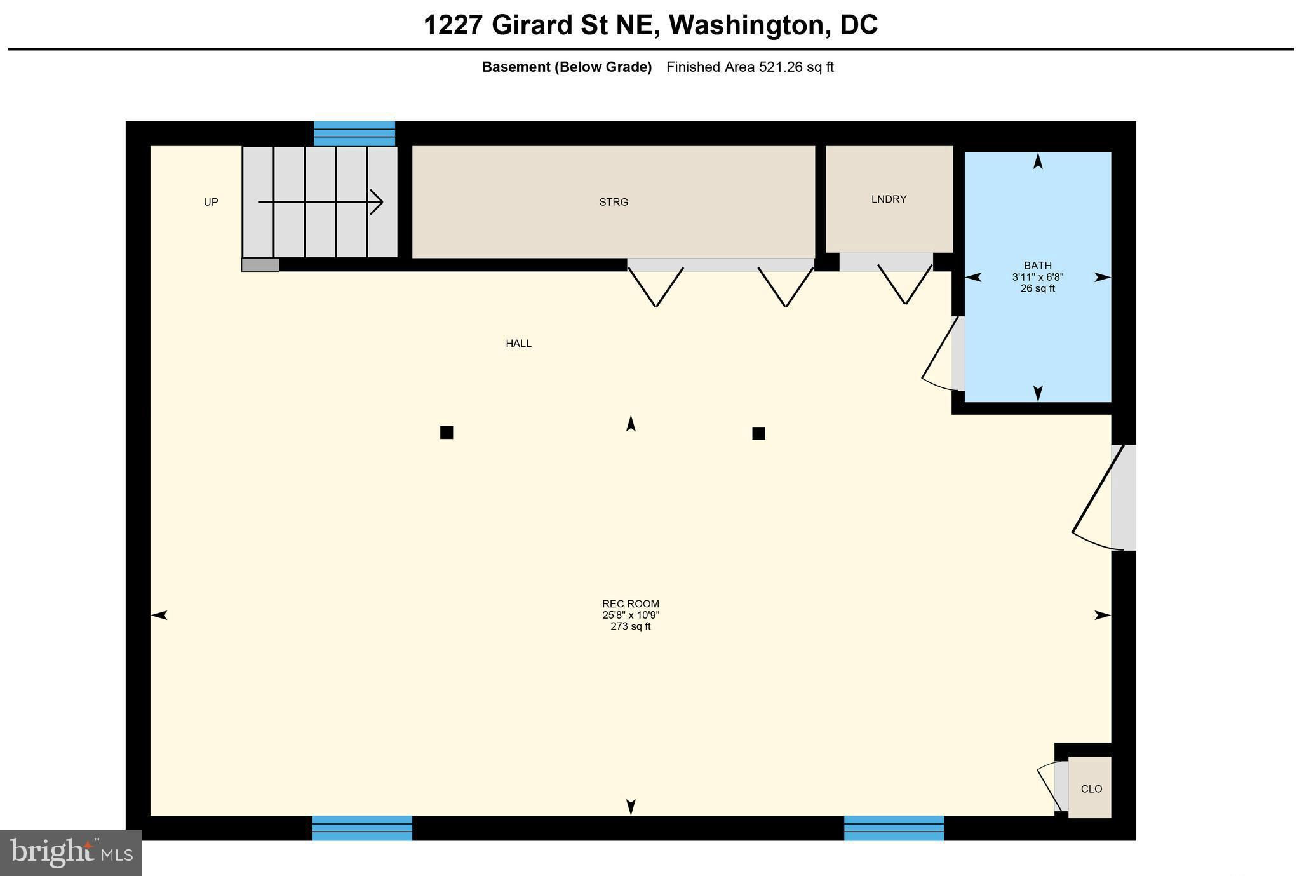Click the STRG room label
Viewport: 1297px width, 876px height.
tap(614, 202)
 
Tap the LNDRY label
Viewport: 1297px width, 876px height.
tap(889, 199)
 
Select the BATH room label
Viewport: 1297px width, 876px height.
tap(1038, 266)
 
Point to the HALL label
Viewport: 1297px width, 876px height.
tap(518, 344)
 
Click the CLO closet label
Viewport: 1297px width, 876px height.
tap(1091, 789)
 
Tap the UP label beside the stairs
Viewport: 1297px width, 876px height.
tap(211, 202)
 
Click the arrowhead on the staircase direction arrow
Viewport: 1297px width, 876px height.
tap(377, 203)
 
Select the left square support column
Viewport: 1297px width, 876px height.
tap(447, 433)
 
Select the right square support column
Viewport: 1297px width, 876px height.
tap(758, 433)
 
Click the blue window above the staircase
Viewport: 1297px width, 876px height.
tap(354, 133)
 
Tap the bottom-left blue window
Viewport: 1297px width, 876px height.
tap(362, 828)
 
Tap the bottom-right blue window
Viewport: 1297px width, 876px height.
tap(894, 828)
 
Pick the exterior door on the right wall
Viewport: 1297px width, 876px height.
tap(1098, 497)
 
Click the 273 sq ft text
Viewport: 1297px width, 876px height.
tap(631, 626)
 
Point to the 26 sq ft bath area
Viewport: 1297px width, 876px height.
tap(1038, 288)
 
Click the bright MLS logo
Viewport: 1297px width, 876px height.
tap(71, 852)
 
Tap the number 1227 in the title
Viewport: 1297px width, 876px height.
tap(454, 25)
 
